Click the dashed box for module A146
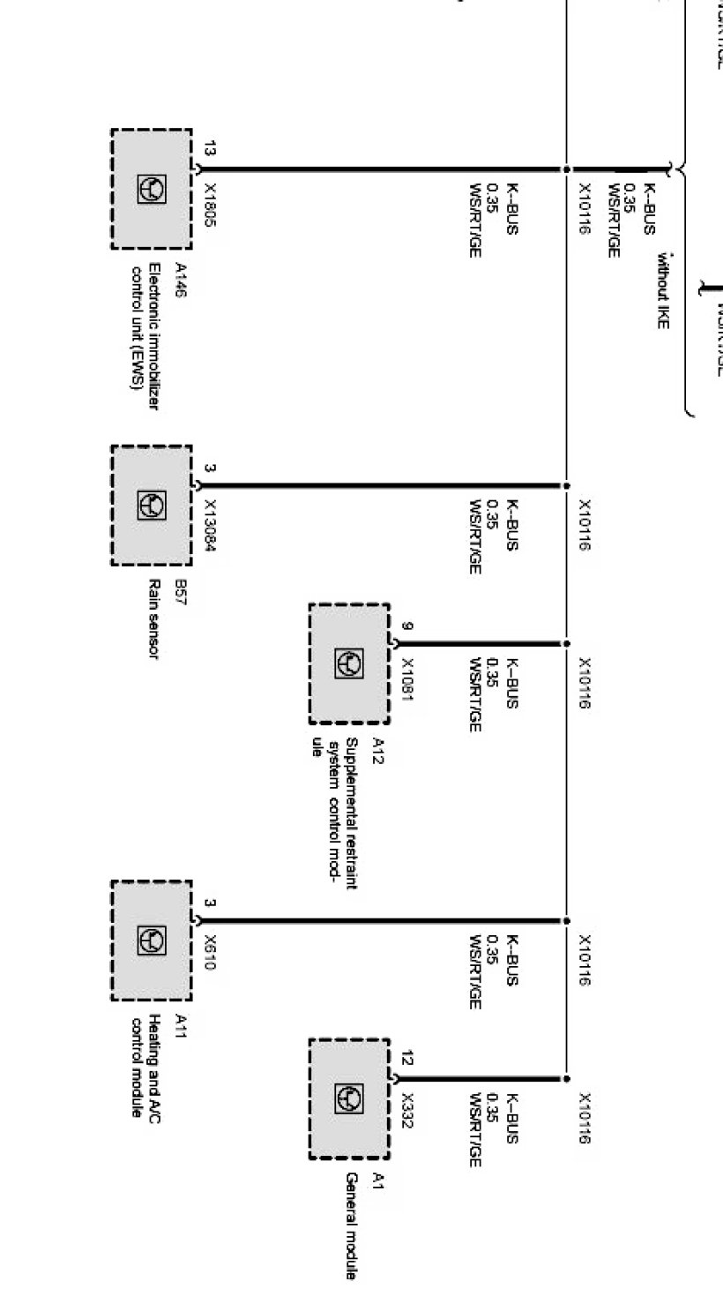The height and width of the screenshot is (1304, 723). click(x=151, y=188)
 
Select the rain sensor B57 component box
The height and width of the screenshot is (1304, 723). click(x=151, y=505)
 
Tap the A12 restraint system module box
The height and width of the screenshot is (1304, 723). click(x=348, y=663)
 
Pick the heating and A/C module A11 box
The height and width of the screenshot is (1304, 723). click(x=151, y=941)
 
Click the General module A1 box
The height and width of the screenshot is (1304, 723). click(x=348, y=1098)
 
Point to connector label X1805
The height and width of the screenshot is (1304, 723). click(x=210, y=205)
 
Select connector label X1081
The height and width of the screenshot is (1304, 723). click(x=407, y=679)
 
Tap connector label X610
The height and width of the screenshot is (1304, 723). click(x=210, y=953)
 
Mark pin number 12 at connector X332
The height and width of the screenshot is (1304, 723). click(x=406, y=1059)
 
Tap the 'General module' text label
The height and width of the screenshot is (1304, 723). click(x=350, y=1226)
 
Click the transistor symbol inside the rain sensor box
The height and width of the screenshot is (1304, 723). click(x=151, y=505)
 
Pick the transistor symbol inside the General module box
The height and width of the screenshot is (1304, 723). click(x=348, y=1098)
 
